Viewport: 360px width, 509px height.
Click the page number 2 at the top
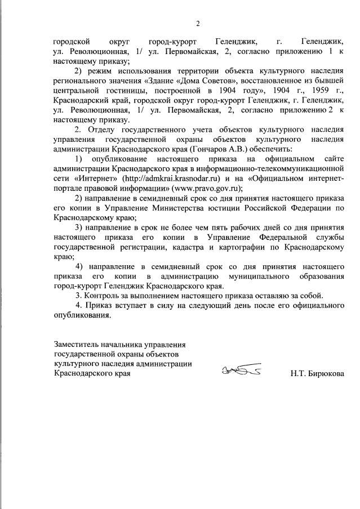[197, 23]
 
